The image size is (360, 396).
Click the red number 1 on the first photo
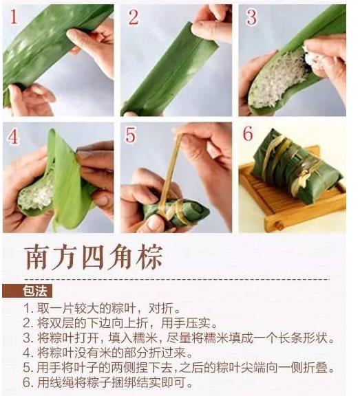pos(14,16)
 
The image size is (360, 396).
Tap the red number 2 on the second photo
pos(134,17)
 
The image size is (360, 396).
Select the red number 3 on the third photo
pos(251,17)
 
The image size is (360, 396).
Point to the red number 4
pos(13,137)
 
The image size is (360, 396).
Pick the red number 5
pos(131,135)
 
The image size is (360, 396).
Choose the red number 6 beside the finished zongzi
pos(248,133)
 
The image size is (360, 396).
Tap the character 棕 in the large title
pos(149,257)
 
